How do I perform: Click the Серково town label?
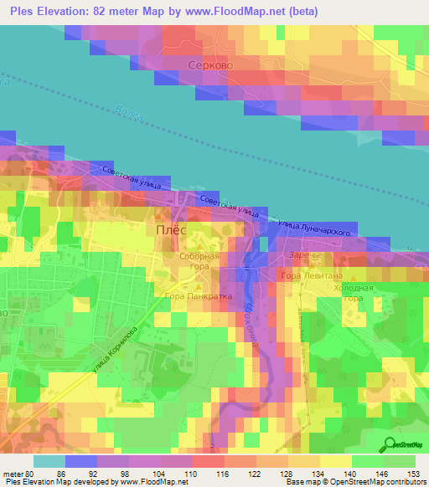click(x=209, y=65)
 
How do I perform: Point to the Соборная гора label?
click(x=200, y=263)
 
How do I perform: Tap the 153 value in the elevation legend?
click(x=413, y=473)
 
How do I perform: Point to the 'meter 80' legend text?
click(x=18, y=473)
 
